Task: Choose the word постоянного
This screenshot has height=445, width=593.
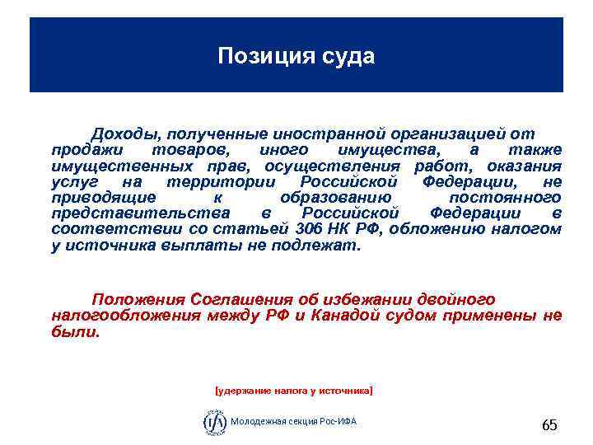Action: [505, 198]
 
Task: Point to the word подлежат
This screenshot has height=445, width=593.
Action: [319, 245]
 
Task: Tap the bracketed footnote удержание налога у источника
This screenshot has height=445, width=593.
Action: [293, 386]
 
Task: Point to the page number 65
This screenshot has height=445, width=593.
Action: [549, 425]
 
